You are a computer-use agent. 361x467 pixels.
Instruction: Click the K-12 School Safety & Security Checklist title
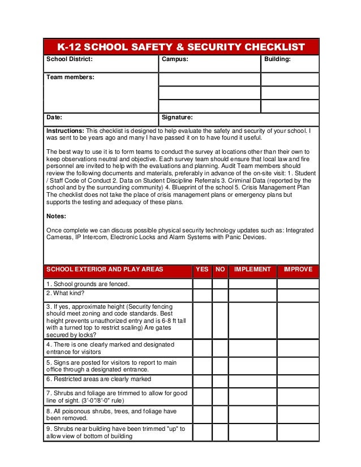click(181, 47)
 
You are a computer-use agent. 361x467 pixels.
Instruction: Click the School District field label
click(69, 59)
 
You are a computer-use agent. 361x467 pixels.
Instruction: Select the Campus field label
click(175, 59)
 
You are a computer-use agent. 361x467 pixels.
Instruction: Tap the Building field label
click(278, 59)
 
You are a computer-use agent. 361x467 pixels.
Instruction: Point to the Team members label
click(70, 76)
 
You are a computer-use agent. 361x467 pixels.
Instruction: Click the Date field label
click(54, 118)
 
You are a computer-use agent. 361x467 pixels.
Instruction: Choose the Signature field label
click(178, 118)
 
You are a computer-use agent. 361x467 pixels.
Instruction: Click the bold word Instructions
click(65, 131)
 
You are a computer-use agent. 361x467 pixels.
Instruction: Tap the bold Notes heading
click(56, 216)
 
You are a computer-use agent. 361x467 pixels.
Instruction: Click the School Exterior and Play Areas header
click(104, 270)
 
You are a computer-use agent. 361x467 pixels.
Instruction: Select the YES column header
click(201, 270)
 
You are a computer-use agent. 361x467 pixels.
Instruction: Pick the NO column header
click(220, 270)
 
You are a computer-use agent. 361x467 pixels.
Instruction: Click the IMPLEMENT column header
click(252, 270)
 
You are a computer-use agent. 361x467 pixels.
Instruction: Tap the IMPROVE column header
click(298, 270)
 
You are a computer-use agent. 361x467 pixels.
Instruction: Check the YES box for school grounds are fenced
click(202, 284)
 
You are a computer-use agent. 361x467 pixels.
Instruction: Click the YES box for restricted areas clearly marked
click(202, 380)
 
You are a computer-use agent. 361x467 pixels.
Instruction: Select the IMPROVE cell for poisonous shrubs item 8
click(298, 414)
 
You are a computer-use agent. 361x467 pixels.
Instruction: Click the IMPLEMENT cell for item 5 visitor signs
click(252, 366)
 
